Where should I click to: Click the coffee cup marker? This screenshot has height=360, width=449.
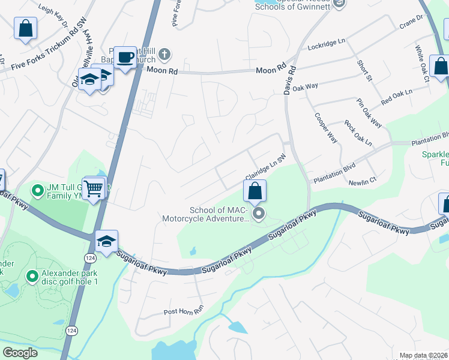tap(125, 58)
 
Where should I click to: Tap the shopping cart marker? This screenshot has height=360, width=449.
tap(94, 189)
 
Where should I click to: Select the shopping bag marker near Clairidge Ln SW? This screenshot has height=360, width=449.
tap(255, 191)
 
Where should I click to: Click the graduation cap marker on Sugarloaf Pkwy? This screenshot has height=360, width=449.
tap(106, 242)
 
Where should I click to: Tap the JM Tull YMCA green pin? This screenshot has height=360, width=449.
tap(37, 191)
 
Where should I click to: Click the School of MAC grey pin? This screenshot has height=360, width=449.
tap(259, 214)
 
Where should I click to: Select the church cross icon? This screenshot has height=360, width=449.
tap(166, 56)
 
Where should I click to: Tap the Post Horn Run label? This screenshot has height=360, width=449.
tap(184, 313)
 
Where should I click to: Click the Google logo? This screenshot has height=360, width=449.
tap(20, 353)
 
